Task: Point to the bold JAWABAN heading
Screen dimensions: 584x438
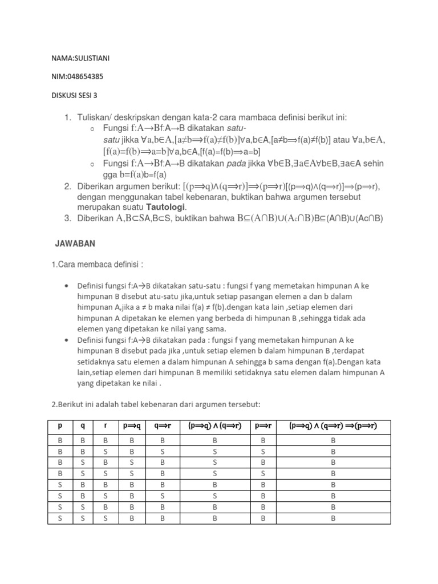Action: pyautogui.click(x=75, y=244)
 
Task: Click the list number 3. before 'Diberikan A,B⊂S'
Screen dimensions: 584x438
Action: pyautogui.click(x=68, y=218)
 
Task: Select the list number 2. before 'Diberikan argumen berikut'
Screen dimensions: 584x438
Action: pyautogui.click(x=68, y=186)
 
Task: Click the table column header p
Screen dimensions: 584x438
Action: pyautogui.click(x=59, y=426)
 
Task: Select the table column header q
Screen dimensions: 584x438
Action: pyautogui.click(x=83, y=426)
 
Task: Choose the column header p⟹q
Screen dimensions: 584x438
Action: pyautogui.click(x=132, y=426)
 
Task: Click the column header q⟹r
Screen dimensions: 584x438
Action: pyautogui.click(x=162, y=426)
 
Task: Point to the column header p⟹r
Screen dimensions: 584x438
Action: pyautogui.click(x=263, y=426)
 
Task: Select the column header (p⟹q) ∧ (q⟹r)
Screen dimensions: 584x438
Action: pyautogui.click(x=214, y=426)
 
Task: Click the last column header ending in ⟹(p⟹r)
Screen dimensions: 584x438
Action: pyautogui.click(x=332, y=426)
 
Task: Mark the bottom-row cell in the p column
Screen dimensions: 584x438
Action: pyautogui.click(x=59, y=518)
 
